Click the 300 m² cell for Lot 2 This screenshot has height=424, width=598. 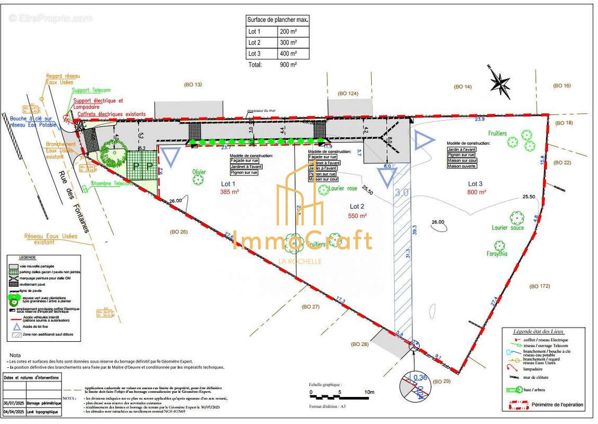click(x=288, y=42)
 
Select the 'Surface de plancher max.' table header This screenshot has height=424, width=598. click(x=278, y=20)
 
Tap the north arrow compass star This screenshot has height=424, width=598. click(x=500, y=83)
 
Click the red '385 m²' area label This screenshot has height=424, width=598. click(x=230, y=192)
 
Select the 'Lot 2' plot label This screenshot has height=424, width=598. click(x=358, y=206)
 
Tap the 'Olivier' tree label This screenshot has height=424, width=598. click(x=199, y=172)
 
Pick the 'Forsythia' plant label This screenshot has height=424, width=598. click(x=497, y=254)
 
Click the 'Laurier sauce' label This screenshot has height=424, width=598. click(x=507, y=228)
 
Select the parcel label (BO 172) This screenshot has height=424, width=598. click(x=540, y=286)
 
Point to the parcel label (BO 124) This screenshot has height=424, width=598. click(x=348, y=93)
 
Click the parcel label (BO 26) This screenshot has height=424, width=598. click(x=178, y=232)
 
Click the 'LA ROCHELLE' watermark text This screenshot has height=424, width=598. click(x=300, y=261)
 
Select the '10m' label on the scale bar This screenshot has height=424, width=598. click(x=369, y=392)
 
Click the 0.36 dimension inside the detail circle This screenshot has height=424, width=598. click(x=420, y=377)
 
